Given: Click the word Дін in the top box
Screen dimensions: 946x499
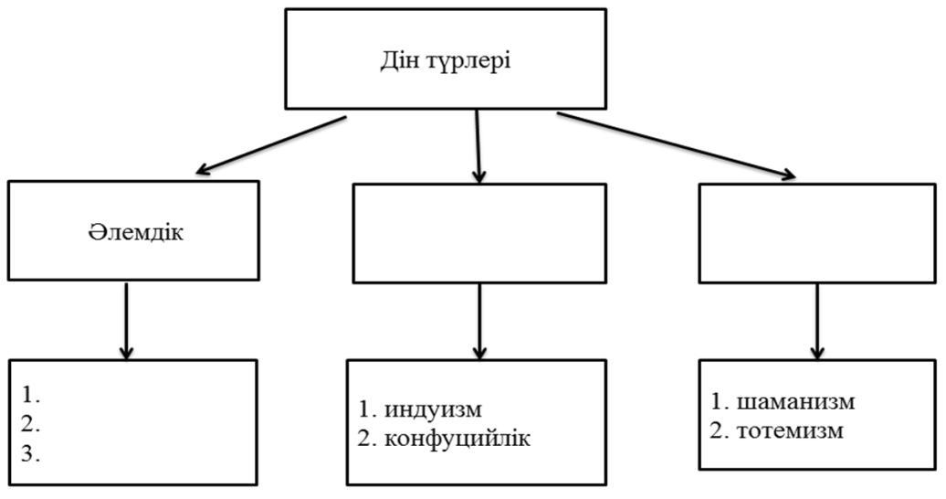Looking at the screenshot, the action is point(398,60).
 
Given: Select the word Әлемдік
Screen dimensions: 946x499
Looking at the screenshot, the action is point(136,232).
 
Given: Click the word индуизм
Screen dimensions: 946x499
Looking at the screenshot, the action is point(433,409).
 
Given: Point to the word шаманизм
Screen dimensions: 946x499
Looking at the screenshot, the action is point(795,401).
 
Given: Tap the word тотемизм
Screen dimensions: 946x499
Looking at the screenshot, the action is point(790,430).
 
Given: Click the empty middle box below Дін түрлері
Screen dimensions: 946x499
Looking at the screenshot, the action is point(479,233).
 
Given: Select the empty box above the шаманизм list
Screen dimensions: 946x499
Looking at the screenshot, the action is point(817,233).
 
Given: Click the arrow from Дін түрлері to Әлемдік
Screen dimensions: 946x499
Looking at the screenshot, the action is point(271,145).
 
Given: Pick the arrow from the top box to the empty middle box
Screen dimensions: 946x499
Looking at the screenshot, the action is point(478,146).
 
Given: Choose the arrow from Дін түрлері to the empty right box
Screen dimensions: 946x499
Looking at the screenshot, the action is point(677,145).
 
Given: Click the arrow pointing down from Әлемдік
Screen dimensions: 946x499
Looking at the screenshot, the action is point(126,321).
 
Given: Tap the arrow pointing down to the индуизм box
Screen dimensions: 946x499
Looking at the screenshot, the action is point(479,322).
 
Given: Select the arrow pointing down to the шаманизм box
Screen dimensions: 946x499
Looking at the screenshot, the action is point(817,322).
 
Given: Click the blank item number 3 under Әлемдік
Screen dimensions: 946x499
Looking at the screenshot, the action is point(31,454).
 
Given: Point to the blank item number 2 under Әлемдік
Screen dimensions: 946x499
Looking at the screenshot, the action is point(31,425).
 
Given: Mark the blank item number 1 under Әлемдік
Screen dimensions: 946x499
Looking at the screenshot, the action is point(31,396).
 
